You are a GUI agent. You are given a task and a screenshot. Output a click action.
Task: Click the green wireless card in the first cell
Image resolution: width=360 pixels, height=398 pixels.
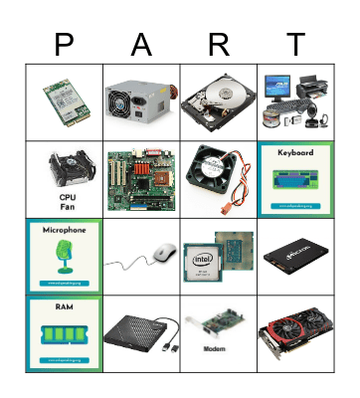[66, 100]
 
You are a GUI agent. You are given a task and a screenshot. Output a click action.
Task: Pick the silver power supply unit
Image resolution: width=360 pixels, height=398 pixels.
[141, 100]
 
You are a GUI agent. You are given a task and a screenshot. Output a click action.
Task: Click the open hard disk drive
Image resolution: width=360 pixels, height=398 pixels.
[218, 100]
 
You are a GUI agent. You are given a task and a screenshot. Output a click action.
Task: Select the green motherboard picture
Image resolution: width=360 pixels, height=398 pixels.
[141, 179]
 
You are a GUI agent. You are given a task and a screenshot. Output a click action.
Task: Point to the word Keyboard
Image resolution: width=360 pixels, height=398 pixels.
[295, 153]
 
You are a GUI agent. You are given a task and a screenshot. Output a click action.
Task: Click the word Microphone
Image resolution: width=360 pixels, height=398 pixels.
[65, 230]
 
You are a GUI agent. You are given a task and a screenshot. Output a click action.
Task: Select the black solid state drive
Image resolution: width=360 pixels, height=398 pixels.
[295, 257]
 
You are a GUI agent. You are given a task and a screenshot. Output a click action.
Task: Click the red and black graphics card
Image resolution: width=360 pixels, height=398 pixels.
[295, 333]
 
